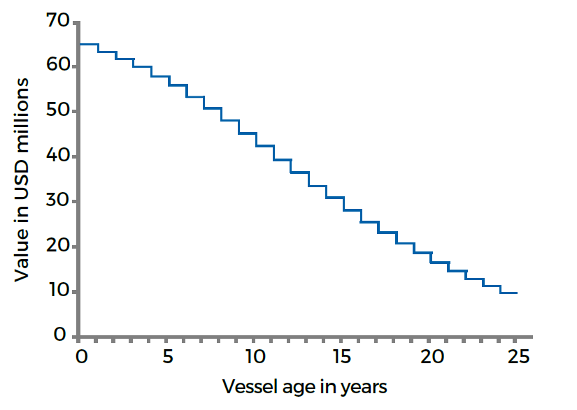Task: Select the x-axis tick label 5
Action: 168,356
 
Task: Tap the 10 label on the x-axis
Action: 255,356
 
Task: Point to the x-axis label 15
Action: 343,356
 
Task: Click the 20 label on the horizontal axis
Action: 432,356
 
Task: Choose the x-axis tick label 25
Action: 519,356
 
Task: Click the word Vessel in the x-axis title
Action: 246,386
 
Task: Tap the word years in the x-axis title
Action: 364,386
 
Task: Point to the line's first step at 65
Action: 89,44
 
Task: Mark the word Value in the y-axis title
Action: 22,257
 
